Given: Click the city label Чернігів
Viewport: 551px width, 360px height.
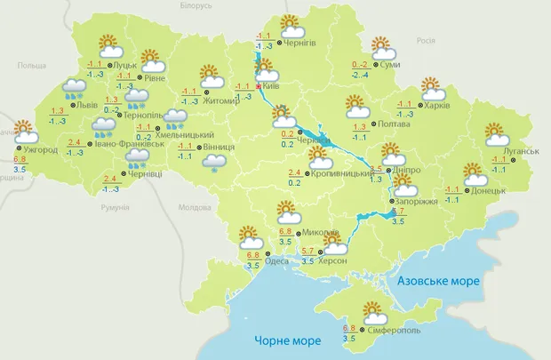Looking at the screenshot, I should point(300,42).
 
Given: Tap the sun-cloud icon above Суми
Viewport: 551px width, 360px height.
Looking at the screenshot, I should point(382,48).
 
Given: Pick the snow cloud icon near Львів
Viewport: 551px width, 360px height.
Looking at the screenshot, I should point(74,89).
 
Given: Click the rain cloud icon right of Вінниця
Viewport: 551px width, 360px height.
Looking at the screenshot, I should point(213,162).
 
